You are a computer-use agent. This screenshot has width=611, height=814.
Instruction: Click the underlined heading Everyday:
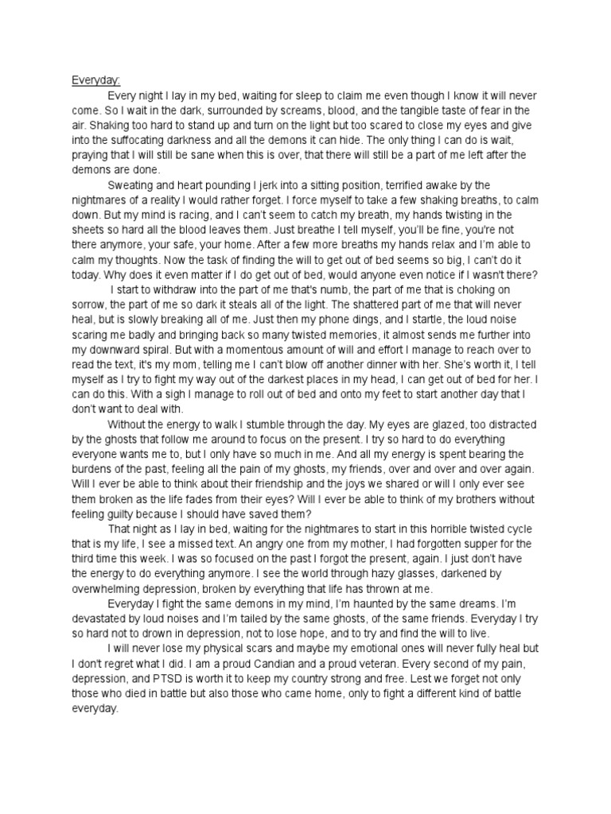(x=95, y=80)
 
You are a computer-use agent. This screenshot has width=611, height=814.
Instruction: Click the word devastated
(x=101, y=619)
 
